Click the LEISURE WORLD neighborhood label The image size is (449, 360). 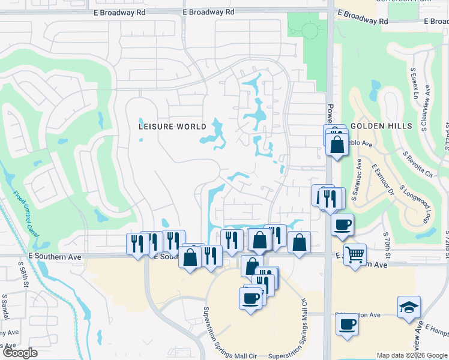[x=172, y=127]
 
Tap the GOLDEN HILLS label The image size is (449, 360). [x=382, y=126]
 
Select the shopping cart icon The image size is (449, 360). [x=355, y=254]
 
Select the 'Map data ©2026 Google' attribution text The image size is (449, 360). [x=411, y=355]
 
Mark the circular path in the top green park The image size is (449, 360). [x=310, y=30]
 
